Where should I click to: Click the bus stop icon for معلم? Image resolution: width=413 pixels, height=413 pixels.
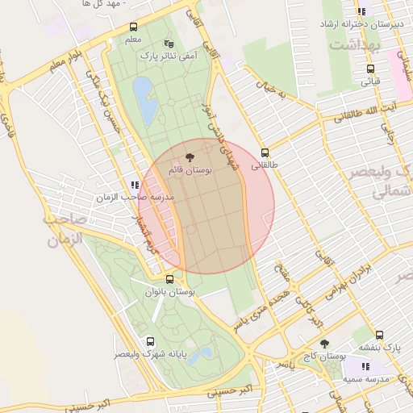tap(133, 27)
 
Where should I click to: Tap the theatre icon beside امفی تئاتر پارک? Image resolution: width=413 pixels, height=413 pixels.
tap(169, 44)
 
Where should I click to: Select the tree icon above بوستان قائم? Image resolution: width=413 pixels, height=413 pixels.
tap(190, 158)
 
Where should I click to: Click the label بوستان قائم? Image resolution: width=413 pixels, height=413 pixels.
tap(190, 171)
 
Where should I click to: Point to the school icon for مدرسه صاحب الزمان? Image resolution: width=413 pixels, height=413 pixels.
tap(134, 185)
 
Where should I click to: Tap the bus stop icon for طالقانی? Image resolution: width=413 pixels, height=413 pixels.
tap(265, 152)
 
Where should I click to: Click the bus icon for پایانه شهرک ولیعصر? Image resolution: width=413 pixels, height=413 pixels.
tap(150, 341)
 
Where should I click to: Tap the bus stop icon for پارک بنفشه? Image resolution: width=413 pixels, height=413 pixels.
tap(379, 335)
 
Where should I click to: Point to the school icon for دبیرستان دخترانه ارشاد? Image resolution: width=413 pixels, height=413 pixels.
tap(362, 12)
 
